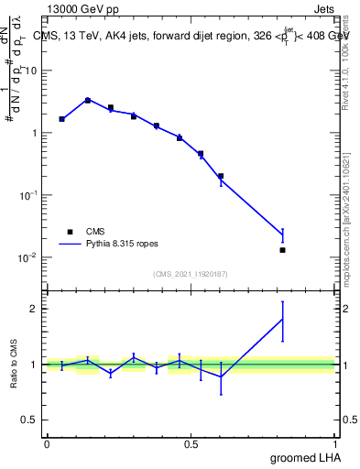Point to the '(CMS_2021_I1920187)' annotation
click(191, 274)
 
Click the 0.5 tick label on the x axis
click(191, 443)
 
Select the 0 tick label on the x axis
click(47, 443)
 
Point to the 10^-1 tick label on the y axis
click(27, 194)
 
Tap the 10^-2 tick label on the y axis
click(27, 257)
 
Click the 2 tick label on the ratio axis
click(35, 309)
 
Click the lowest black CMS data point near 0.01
click(282, 250)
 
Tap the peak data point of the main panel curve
click(87, 100)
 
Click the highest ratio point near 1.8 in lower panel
click(282, 319)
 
